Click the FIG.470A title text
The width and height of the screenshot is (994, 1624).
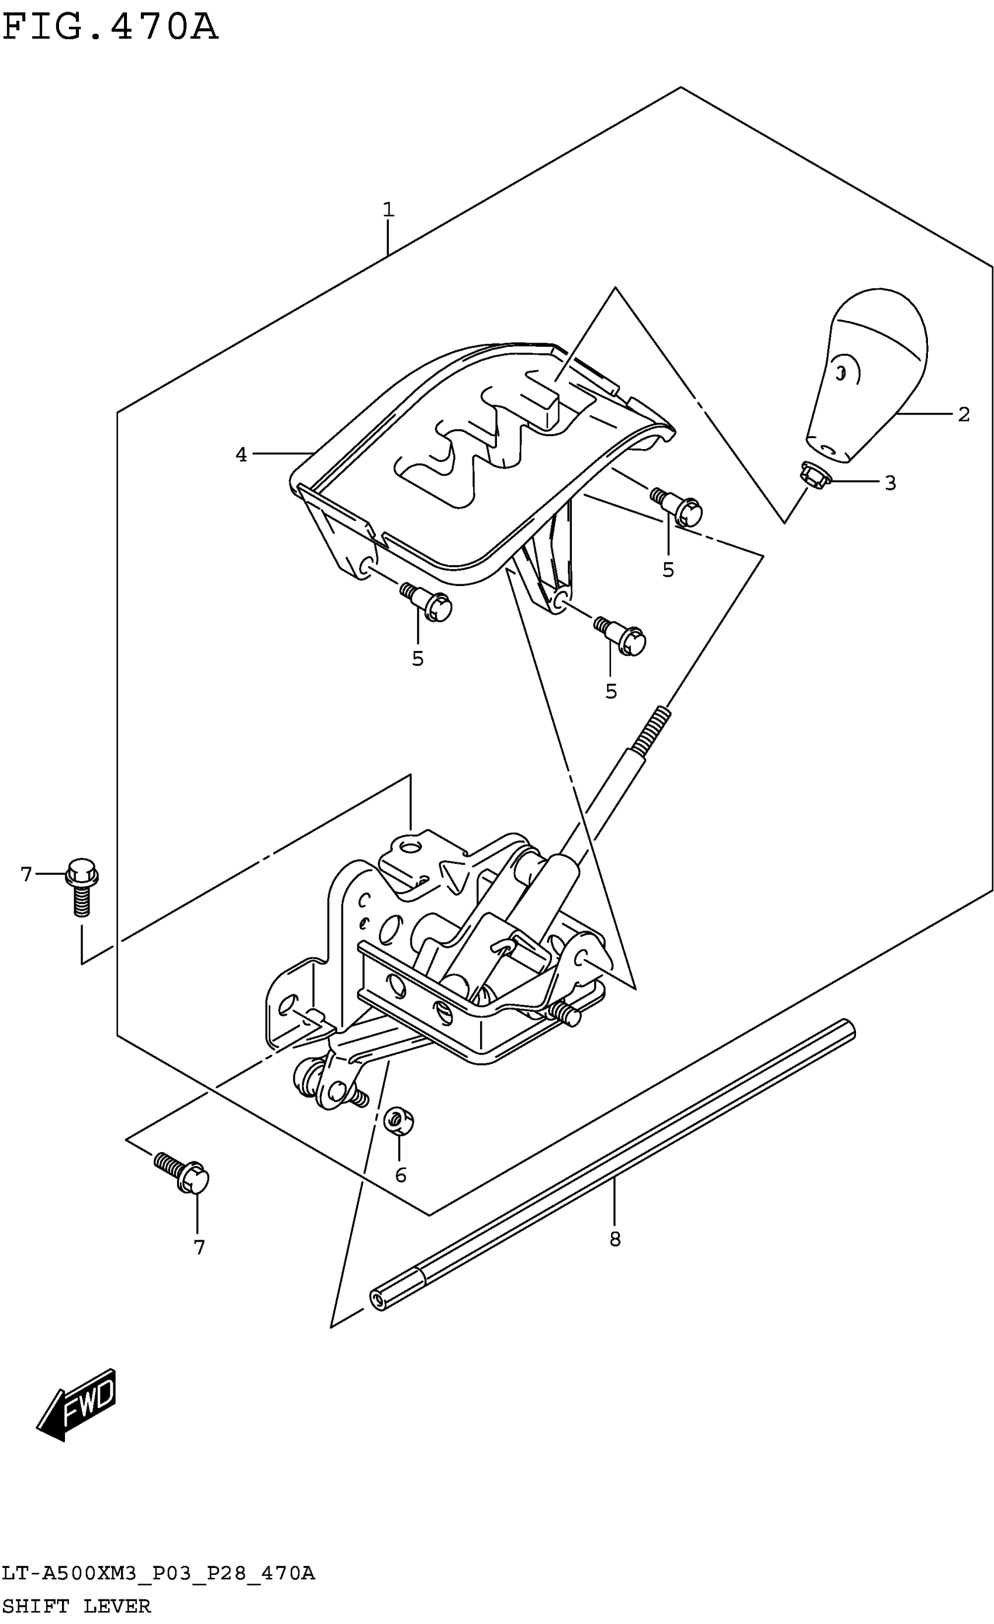[x=109, y=27]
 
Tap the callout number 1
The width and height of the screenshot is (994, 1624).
[x=388, y=209]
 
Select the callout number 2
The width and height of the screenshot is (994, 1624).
[x=963, y=415]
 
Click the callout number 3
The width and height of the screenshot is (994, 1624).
[x=890, y=483]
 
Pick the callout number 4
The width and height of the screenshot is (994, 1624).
[x=241, y=454]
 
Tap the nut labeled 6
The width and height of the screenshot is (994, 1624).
[x=398, y=1120]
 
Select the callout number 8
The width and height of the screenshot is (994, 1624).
[x=615, y=1239]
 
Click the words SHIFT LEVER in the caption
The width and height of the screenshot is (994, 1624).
[x=77, y=1606]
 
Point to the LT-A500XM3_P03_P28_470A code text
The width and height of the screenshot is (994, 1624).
[x=158, y=1574]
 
